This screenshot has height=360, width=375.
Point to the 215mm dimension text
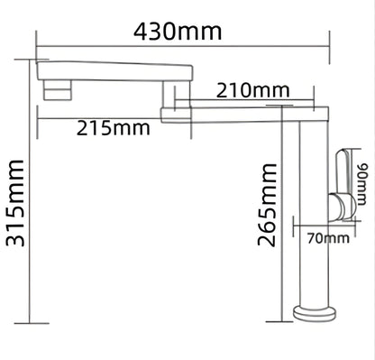(x=113, y=127)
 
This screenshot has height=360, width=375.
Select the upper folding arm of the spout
(x=117, y=69)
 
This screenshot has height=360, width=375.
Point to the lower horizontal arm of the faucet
(x=243, y=114)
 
